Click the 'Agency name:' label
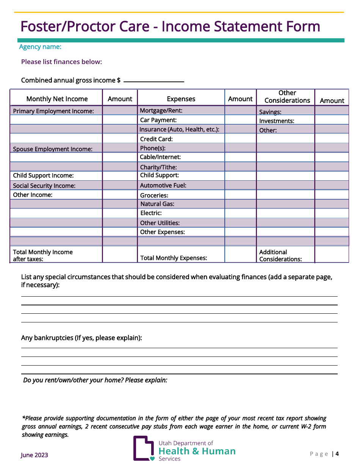pyautogui.click(x=40, y=47)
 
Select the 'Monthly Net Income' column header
pyautogui.click(x=57, y=99)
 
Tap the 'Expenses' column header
pyautogui.click(x=181, y=99)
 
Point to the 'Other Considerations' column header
pyautogui.click(x=287, y=97)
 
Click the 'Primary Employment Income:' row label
pyautogui.click(x=53, y=111)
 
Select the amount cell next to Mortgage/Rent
pyautogui.click(x=240, y=110)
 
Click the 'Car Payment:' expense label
pyautogui.click(x=158, y=120)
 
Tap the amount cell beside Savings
pyautogui.click(x=332, y=111)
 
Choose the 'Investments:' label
pyautogui.click(x=277, y=121)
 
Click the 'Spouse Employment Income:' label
pyautogui.click(x=53, y=149)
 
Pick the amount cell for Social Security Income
pyautogui.click(x=120, y=185)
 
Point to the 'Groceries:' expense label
pyautogui.click(x=154, y=195)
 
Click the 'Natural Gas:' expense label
pyautogui.click(x=157, y=204)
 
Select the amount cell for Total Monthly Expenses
pyautogui.click(x=240, y=254)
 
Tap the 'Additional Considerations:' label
pyautogui.click(x=280, y=255)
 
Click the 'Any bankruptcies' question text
pyautogui.click(x=81, y=338)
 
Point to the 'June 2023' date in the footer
pyautogui.click(x=34, y=455)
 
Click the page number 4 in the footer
pyautogui.click(x=337, y=454)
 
